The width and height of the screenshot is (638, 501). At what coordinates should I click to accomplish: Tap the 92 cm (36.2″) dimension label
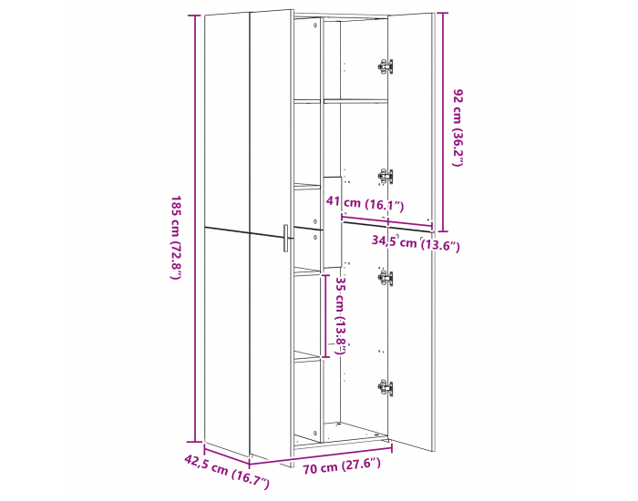coord(458,127)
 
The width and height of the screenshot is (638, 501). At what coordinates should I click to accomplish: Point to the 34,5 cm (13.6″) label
coord(416,243)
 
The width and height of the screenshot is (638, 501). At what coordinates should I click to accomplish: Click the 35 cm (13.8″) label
coord(341,315)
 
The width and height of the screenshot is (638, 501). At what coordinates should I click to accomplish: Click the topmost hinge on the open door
coord(386,66)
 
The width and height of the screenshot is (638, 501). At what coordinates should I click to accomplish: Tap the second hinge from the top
coord(386,176)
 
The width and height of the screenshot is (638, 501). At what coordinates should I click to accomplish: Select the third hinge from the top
coord(386,278)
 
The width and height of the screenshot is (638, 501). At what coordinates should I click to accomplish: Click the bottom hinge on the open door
coord(386,387)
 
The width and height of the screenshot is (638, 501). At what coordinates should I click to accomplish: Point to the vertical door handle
coord(285,238)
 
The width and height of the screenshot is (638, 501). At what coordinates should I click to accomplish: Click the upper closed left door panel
coord(226,118)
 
